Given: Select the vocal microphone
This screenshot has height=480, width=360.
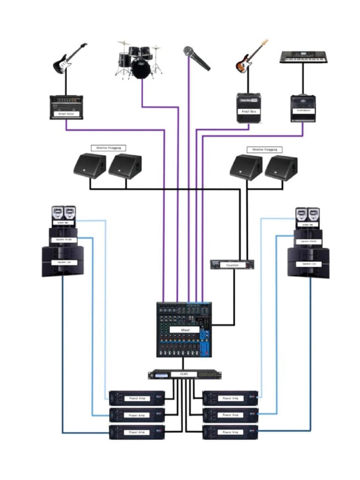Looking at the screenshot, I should [x=196, y=58].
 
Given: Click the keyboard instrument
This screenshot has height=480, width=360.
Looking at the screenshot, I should [x=303, y=57].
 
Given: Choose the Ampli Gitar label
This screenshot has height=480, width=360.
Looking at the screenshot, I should [x=66, y=114].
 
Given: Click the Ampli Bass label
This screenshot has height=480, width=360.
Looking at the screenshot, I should [x=248, y=111].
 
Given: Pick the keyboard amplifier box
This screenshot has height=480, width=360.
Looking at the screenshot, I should [x=303, y=109].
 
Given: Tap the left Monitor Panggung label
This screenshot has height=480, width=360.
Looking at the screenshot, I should [x=109, y=148].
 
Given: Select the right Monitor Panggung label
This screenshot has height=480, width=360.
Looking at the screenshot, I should [x=264, y=150].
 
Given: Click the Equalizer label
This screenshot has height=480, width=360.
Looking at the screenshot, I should [x=233, y=265].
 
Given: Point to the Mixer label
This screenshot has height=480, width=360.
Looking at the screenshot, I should [x=184, y=330].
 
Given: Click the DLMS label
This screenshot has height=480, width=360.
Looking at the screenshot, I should [x=184, y=374].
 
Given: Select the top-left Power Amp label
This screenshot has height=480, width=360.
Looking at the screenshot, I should [x=137, y=398].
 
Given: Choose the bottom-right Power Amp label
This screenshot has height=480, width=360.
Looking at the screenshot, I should [x=230, y=432].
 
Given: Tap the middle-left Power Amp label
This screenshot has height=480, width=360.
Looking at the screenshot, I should [x=137, y=415].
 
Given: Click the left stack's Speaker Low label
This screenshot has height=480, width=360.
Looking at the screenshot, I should [x=62, y=262].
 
